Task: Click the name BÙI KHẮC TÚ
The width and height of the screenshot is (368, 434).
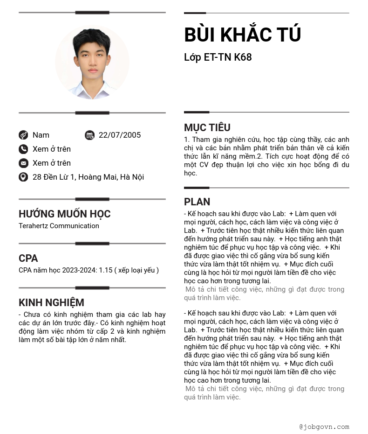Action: (x=243, y=35)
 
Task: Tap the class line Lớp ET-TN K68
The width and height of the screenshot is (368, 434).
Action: (x=218, y=57)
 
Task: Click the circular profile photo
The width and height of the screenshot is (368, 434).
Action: (x=92, y=63)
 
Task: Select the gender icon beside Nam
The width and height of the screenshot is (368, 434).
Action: (x=23, y=135)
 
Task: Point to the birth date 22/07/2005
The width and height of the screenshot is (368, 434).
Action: (x=120, y=135)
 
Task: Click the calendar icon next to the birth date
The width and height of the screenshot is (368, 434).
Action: (x=89, y=135)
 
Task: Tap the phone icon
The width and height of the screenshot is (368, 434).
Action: (x=23, y=149)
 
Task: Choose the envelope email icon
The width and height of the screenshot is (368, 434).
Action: (x=23, y=163)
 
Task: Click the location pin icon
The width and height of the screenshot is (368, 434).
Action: (x=23, y=177)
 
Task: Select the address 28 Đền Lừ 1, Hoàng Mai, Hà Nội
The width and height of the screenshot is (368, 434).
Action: (x=88, y=177)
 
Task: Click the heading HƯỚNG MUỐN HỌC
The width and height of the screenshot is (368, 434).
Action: (x=65, y=214)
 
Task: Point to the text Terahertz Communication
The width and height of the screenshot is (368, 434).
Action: (x=59, y=226)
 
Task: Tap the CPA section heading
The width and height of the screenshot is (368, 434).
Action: (x=28, y=259)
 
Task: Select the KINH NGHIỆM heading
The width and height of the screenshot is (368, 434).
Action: (x=51, y=303)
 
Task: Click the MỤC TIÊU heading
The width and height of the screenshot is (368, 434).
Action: (x=207, y=128)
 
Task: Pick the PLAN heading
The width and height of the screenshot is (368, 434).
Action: (x=197, y=202)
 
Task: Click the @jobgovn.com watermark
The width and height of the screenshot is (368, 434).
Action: (x=324, y=427)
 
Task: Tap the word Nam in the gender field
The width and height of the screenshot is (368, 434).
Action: (x=41, y=135)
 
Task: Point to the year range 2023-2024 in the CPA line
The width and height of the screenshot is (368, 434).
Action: (x=79, y=270)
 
